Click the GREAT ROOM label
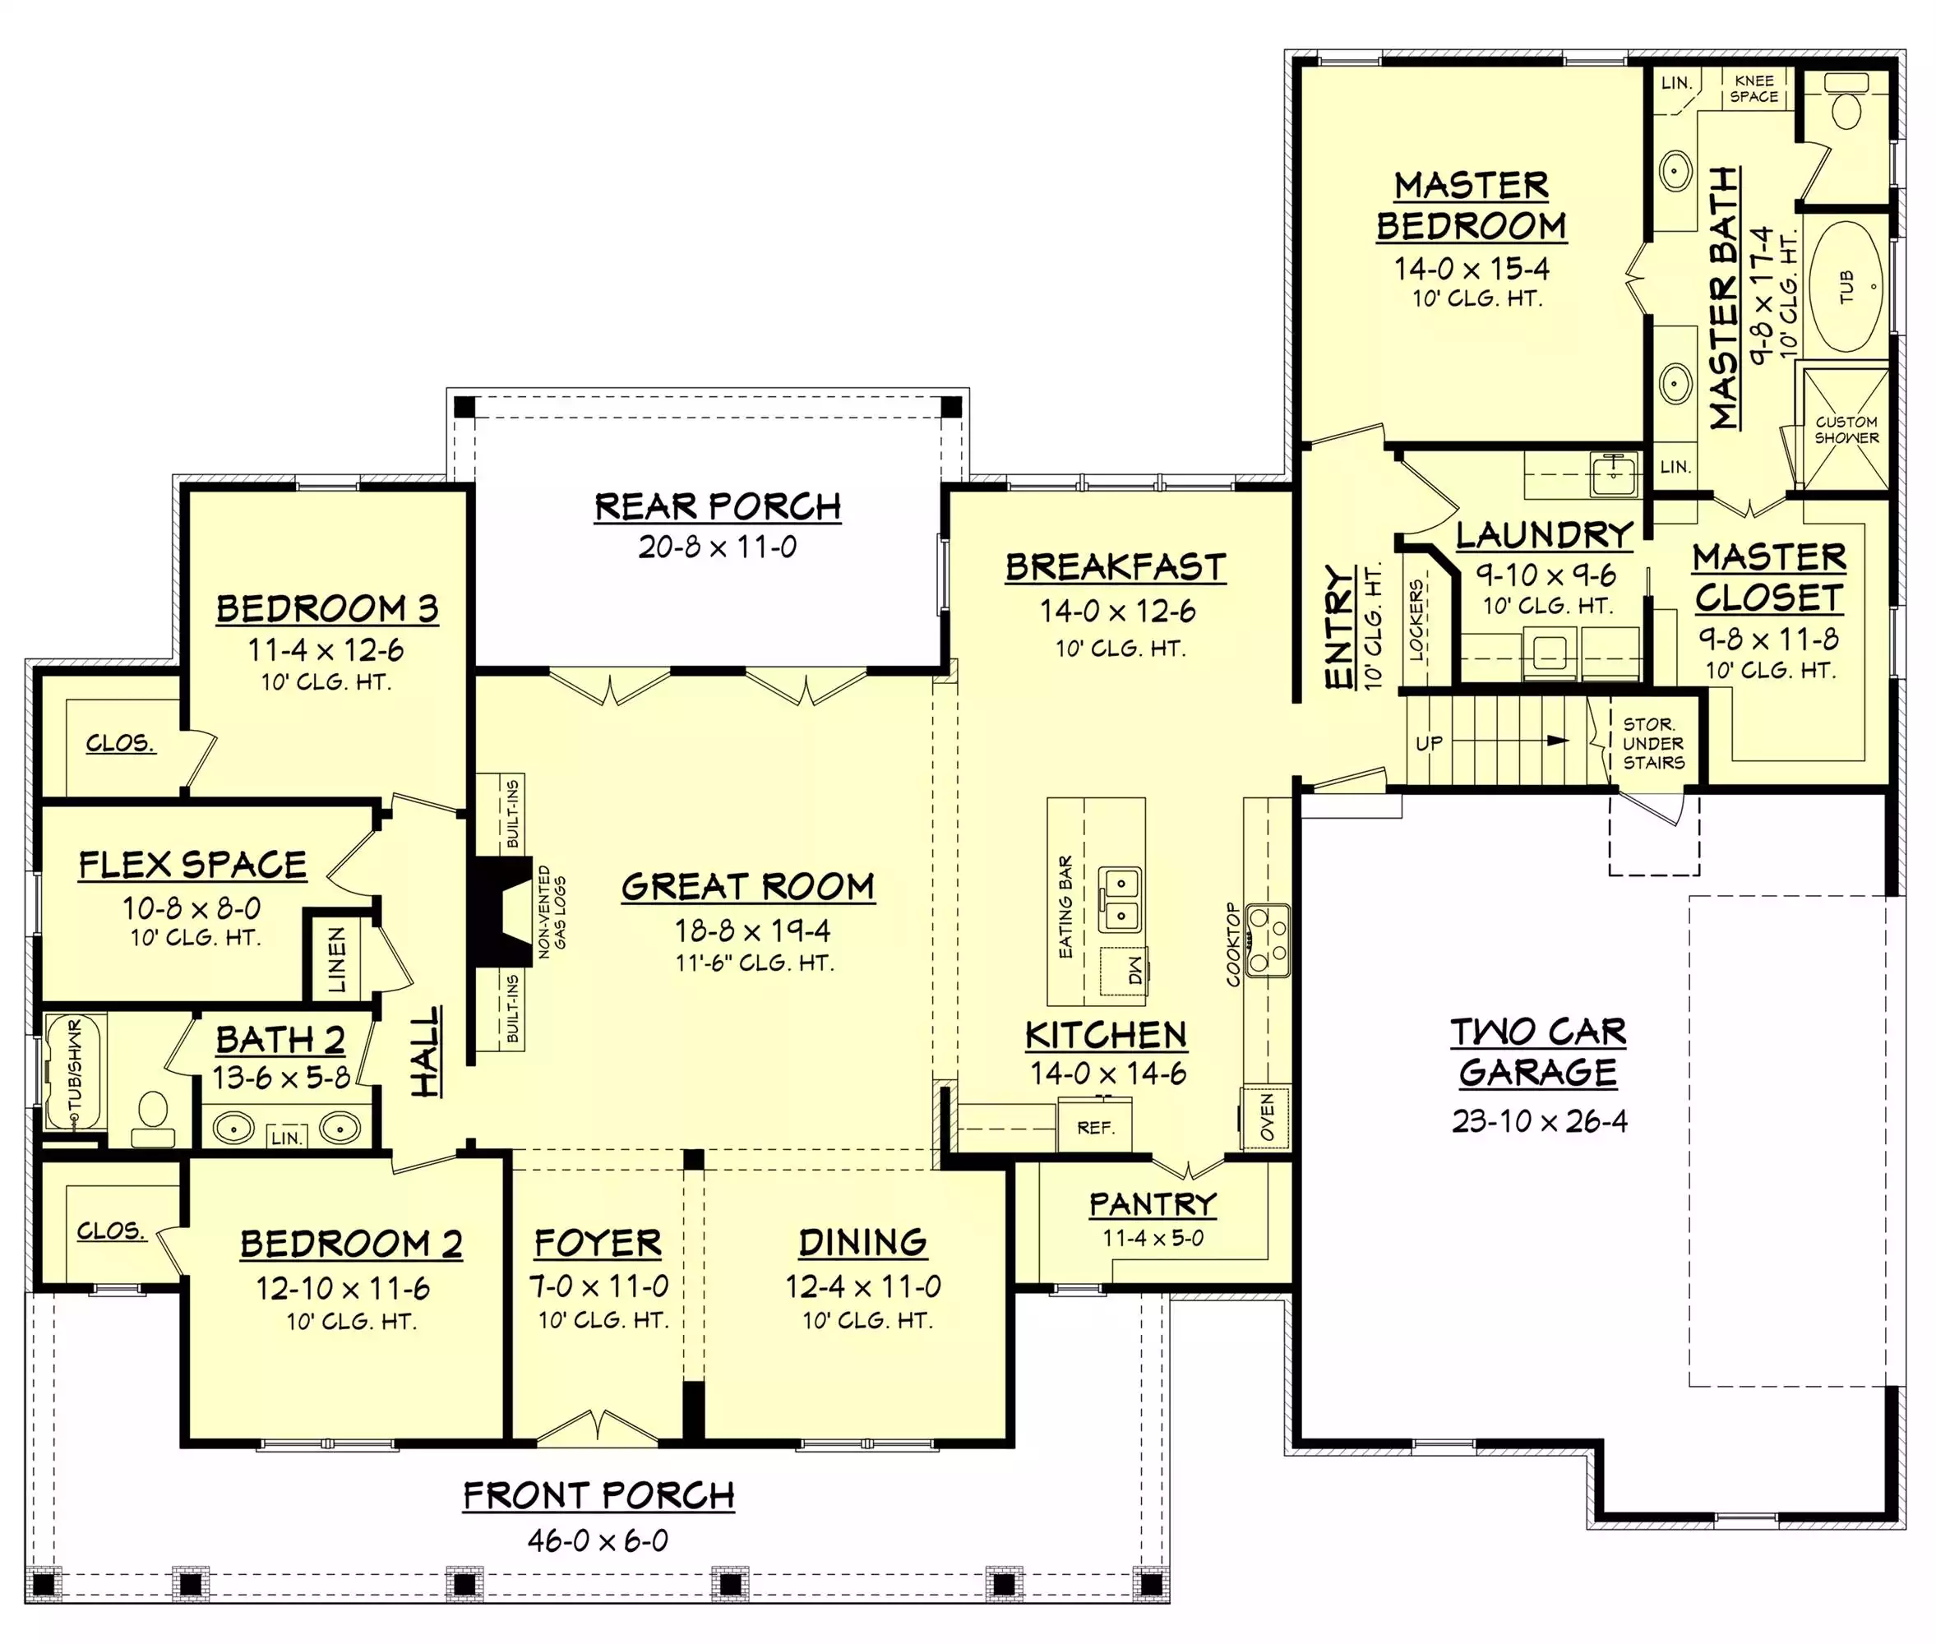747,886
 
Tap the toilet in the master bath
1846,103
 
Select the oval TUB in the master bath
1846,286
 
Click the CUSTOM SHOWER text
1846,430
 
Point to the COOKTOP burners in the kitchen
1268,940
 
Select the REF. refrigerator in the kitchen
1094,1128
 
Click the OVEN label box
1266,1116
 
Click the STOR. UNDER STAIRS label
1652,743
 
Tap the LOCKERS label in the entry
1416,620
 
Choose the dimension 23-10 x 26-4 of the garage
1539,1120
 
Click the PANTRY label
1153,1204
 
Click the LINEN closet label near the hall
336,959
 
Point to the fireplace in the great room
500,912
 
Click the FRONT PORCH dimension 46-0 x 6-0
598,1540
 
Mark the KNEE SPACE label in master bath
1754,89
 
